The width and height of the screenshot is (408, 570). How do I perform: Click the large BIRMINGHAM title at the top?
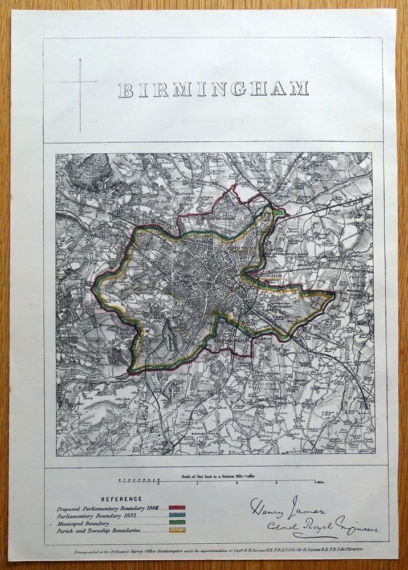[213, 89]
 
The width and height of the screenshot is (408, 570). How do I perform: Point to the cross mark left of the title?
[80, 82]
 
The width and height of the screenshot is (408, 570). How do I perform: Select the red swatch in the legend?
[177, 507]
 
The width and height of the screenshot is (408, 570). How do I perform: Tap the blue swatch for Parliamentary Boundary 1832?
[177, 515]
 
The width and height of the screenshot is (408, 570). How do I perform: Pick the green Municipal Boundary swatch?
[177, 522]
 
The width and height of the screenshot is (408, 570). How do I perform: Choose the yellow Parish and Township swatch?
[177, 530]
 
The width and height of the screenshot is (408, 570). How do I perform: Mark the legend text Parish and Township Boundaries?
[98, 530]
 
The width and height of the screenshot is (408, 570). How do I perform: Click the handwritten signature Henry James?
[288, 505]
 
